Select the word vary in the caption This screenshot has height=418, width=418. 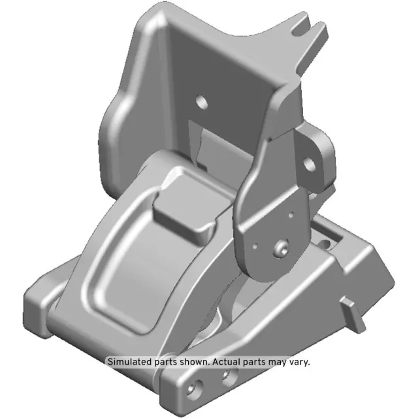297,361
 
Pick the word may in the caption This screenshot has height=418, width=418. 277,361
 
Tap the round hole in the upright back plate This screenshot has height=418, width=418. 202,102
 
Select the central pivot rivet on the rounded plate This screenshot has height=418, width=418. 281,249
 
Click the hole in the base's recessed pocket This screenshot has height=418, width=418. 323,244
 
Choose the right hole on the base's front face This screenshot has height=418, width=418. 229,375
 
